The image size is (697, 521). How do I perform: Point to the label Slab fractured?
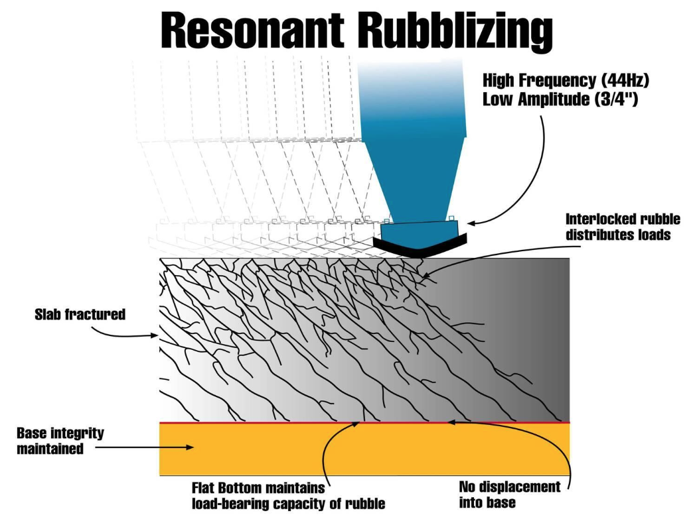click(x=80, y=315)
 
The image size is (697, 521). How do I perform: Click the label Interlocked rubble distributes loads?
click(x=623, y=227)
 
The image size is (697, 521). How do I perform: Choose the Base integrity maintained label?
click(x=60, y=441)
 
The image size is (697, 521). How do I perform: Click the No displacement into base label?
click(x=509, y=494)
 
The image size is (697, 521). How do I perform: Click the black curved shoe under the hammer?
click(x=419, y=245)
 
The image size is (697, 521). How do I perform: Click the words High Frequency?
click(x=530, y=81)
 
